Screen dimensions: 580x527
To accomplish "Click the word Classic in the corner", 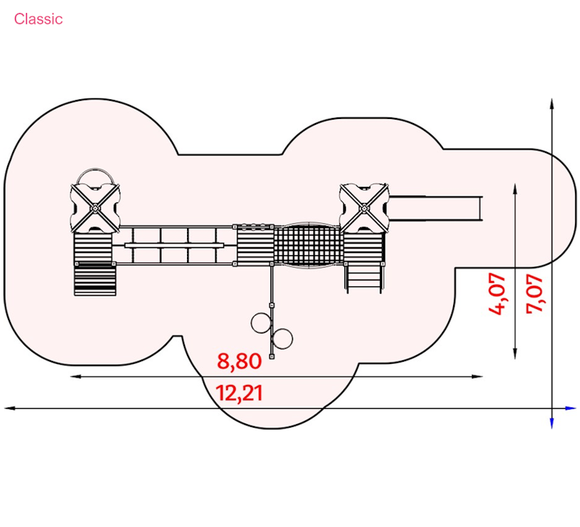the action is click(x=38, y=19).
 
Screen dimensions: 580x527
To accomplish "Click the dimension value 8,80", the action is click(x=239, y=361).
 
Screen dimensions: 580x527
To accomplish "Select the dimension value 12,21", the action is click(x=239, y=393).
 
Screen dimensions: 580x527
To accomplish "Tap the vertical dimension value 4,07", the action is click(x=497, y=294).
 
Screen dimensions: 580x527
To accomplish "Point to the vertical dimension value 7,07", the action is click(x=534, y=294).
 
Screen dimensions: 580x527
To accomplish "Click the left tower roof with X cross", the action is click(x=95, y=208).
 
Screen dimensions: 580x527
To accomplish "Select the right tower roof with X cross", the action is click(x=364, y=208).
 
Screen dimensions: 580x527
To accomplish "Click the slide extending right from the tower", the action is click(x=436, y=209).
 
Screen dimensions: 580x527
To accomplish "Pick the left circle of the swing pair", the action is click(x=261, y=323).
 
